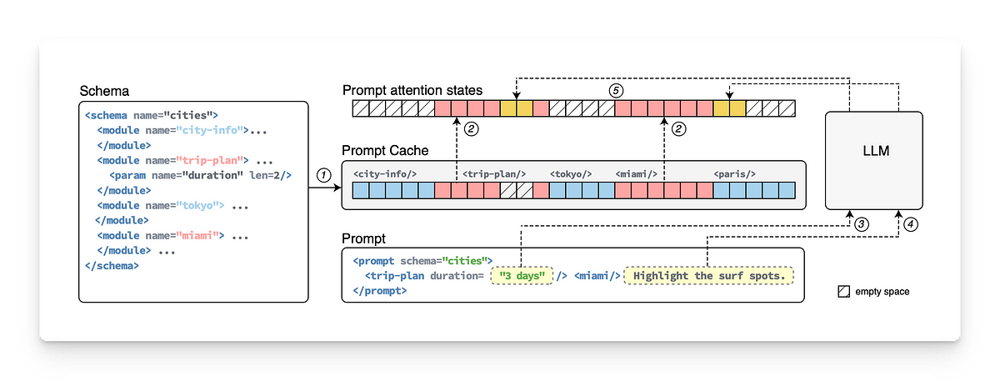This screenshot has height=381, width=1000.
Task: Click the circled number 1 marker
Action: [x=323, y=174]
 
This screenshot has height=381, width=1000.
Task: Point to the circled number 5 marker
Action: [x=615, y=90]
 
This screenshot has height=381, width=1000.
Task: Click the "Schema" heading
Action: [x=102, y=90]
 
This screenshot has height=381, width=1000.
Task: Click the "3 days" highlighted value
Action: [x=522, y=275]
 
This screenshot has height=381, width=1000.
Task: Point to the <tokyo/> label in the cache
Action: [x=571, y=173]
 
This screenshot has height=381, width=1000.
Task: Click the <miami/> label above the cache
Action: [x=637, y=173]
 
